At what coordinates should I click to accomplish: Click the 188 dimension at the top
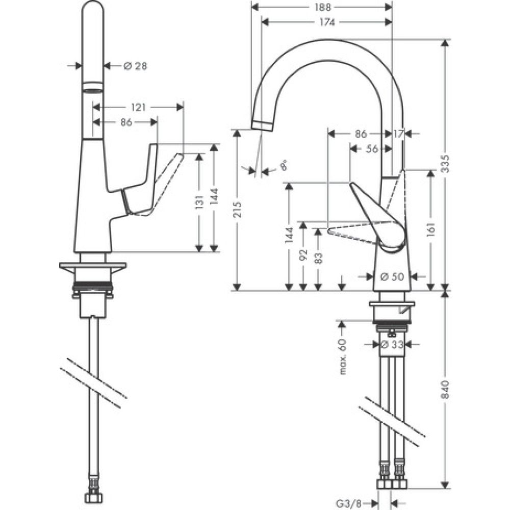pyautogui.click(x=323, y=7)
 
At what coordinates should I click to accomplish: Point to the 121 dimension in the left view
pyautogui.click(x=138, y=107)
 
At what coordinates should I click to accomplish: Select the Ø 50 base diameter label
pyautogui.click(x=392, y=276)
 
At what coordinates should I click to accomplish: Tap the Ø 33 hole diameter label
pyautogui.click(x=393, y=345)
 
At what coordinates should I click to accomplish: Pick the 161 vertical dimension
pyautogui.click(x=431, y=227)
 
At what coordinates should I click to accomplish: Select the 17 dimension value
pyautogui.click(x=398, y=134)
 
